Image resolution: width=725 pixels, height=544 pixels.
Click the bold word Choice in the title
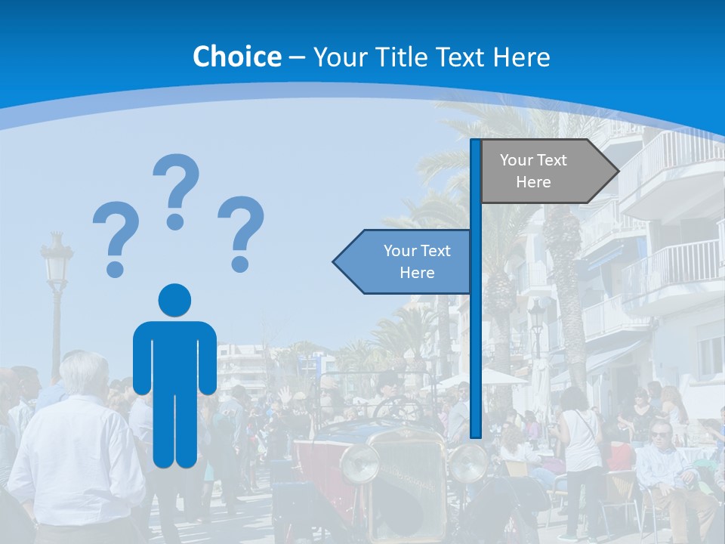pos(236,57)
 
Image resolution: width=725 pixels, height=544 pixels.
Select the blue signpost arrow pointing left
pos(404,261)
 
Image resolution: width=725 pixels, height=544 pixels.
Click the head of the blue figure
pos(174,300)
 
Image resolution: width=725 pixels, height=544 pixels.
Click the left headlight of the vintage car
pos(359,463)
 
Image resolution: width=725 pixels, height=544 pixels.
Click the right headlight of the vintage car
pos(468,462)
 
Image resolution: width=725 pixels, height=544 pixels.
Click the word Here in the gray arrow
pos(533,182)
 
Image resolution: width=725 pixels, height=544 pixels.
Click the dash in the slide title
pos(297,57)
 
